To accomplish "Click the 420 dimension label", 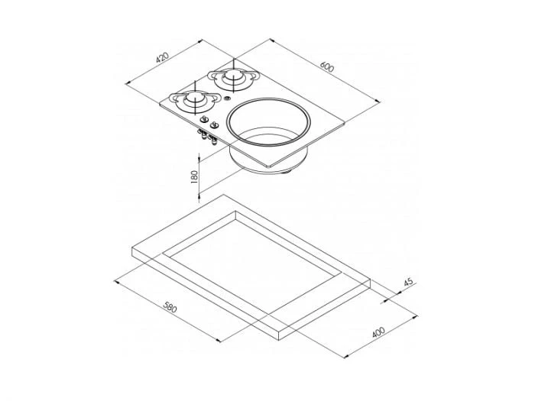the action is (162, 57).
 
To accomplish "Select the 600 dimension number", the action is (327, 67).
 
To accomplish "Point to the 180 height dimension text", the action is (194, 176).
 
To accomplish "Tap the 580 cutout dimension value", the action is (170, 307).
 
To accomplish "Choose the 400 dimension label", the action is (378, 332).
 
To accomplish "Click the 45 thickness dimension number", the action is (408, 283).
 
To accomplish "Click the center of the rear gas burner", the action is (234, 77).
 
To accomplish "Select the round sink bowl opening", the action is (269, 122).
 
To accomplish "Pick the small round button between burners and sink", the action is (227, 99).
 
